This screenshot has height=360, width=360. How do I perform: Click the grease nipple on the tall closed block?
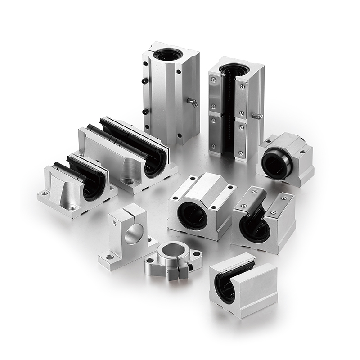pyautogui.click(x=193, y=103)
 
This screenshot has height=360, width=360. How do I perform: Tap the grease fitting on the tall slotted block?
pyautogui.click(x=257, y=116)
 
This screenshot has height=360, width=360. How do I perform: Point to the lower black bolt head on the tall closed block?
pyautogui.click(x=145, y=111)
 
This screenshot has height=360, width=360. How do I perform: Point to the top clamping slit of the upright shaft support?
pyautogui.click(x=128, y=210)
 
